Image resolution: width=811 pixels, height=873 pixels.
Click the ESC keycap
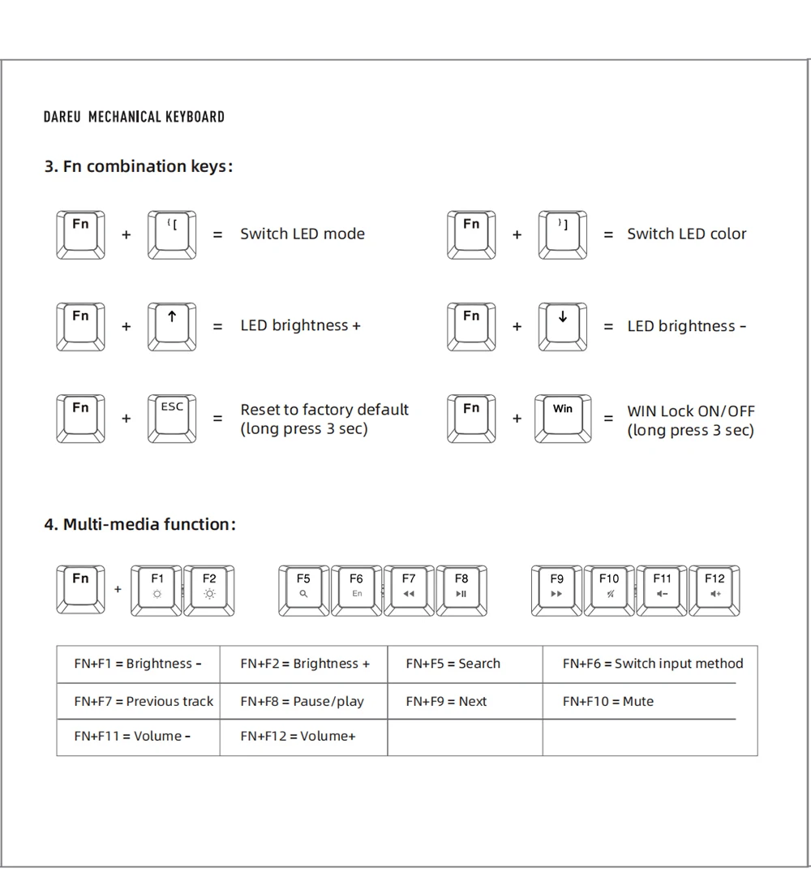172,418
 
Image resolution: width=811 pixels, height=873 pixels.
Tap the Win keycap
563,418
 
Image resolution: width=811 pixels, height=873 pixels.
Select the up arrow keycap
172,326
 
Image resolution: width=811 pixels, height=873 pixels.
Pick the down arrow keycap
563,326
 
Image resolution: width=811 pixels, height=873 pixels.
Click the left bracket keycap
172,234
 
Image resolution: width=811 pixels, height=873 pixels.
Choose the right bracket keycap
563,234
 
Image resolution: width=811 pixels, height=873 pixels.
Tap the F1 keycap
157,590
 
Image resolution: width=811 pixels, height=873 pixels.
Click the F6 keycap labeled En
356,590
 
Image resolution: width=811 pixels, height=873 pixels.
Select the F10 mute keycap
609,590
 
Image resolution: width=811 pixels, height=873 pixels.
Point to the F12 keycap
714,590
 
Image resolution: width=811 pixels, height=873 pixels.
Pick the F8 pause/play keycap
461,590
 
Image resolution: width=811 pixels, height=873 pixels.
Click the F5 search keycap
303,590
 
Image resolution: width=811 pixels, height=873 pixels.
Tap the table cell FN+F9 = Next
465,701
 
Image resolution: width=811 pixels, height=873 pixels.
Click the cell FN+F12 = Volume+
303,737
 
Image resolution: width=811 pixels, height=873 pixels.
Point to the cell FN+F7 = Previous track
139,701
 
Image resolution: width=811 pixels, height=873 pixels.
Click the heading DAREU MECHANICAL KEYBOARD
134,117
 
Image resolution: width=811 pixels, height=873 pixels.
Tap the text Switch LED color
686,234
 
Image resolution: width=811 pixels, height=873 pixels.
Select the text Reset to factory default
324,410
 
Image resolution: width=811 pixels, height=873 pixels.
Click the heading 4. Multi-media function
139,524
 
